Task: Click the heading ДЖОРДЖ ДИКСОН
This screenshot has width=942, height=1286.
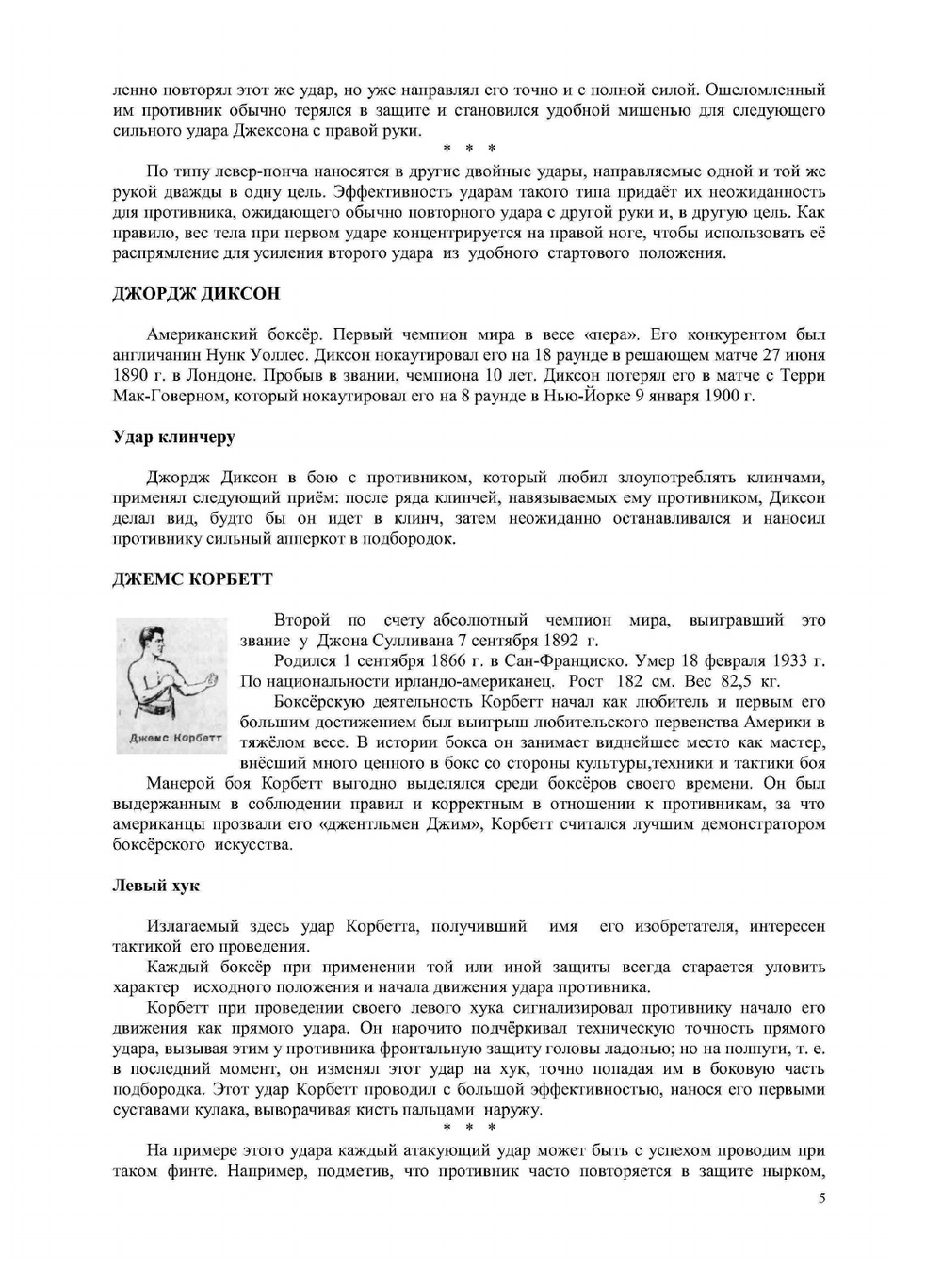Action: coord(196,293)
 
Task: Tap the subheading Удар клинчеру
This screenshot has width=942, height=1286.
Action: coord(173,437)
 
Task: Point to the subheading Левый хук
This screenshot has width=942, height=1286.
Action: coord(155,886)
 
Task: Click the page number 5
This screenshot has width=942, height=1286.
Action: coord(822,1198)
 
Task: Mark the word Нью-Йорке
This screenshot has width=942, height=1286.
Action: coord(584,396)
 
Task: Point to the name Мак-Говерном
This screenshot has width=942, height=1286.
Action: coord(169,396)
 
